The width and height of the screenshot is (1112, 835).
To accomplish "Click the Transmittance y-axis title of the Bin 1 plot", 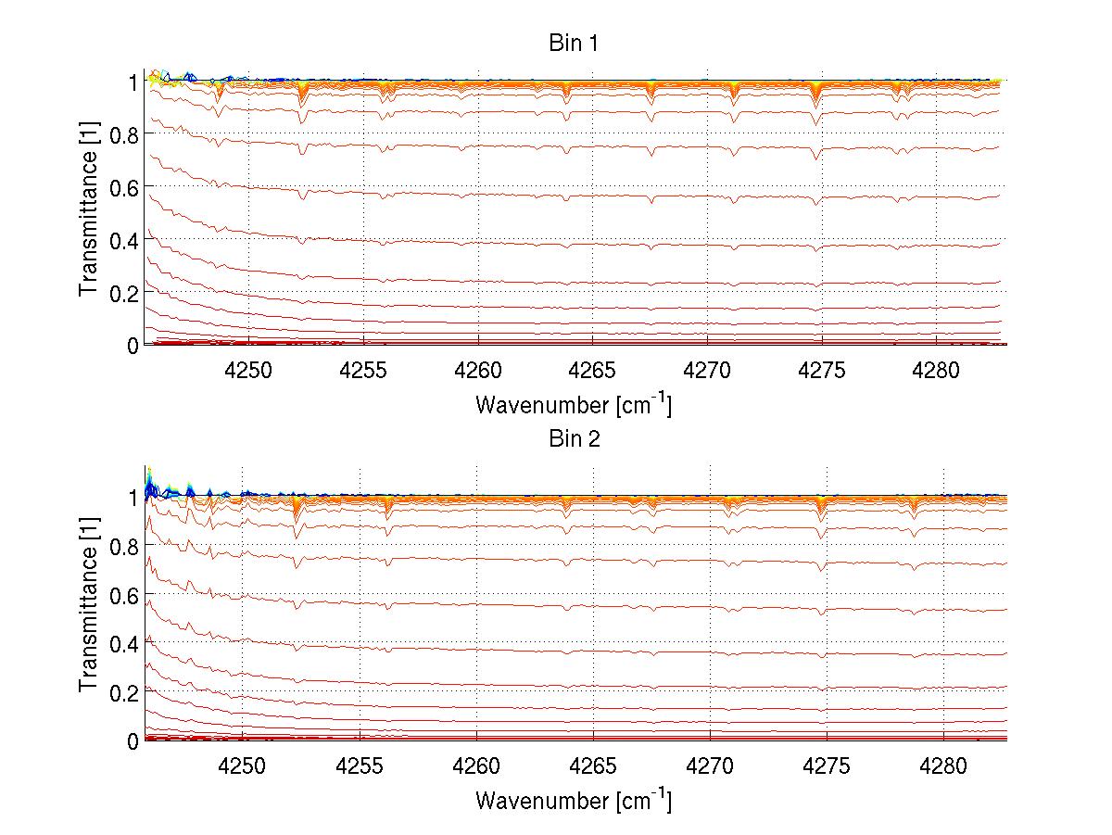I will pos(89,212).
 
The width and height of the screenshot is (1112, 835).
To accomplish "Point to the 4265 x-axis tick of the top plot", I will pos(593,370).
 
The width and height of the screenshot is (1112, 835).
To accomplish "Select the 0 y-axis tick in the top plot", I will pos(133,345).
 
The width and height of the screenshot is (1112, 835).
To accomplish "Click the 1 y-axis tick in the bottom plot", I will pos(133,498).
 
